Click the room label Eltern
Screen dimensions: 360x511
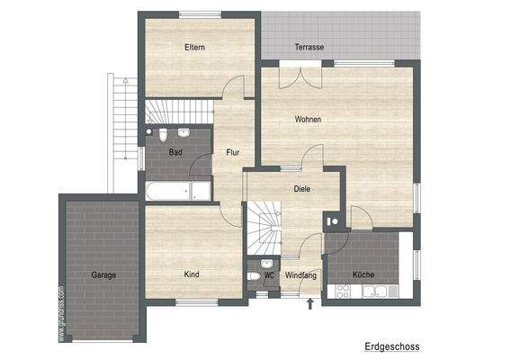pyautogui.click(x=194, y=47)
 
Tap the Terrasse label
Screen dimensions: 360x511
pyautogui.click(x=309, y=47)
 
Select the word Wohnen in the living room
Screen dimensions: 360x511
pyautogui.click(x=308, y=120)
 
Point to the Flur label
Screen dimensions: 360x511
pyautogui.click(x=232, y=152)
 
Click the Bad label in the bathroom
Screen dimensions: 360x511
pyautogui.click(x=175, y=152)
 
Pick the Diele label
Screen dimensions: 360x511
pyautogui.click(x=302, y=189)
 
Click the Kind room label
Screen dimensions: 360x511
pyautogui.click(x=192, y=274)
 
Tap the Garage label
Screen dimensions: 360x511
pyautogui.click(x=103, y=274)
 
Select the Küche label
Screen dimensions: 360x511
pyautogui.click(x=363, y=274)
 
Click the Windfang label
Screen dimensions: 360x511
pyautogui.click(x=300, y=274)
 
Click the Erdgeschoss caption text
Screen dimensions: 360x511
pyautogui.click(x=391, y=346)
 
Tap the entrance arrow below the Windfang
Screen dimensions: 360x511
pyautogui.click(x=311, y=304)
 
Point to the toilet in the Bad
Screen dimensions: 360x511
pyautogui.click(x=162, y=136)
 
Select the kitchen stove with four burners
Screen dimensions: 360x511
pyautogui.click(x=345, y=291)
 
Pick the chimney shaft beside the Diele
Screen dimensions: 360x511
pyautogui.click(x=335, y=220)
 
